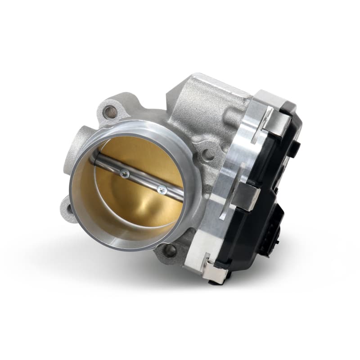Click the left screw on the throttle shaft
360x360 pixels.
point(125,172)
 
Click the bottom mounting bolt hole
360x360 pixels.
point(168,251)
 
